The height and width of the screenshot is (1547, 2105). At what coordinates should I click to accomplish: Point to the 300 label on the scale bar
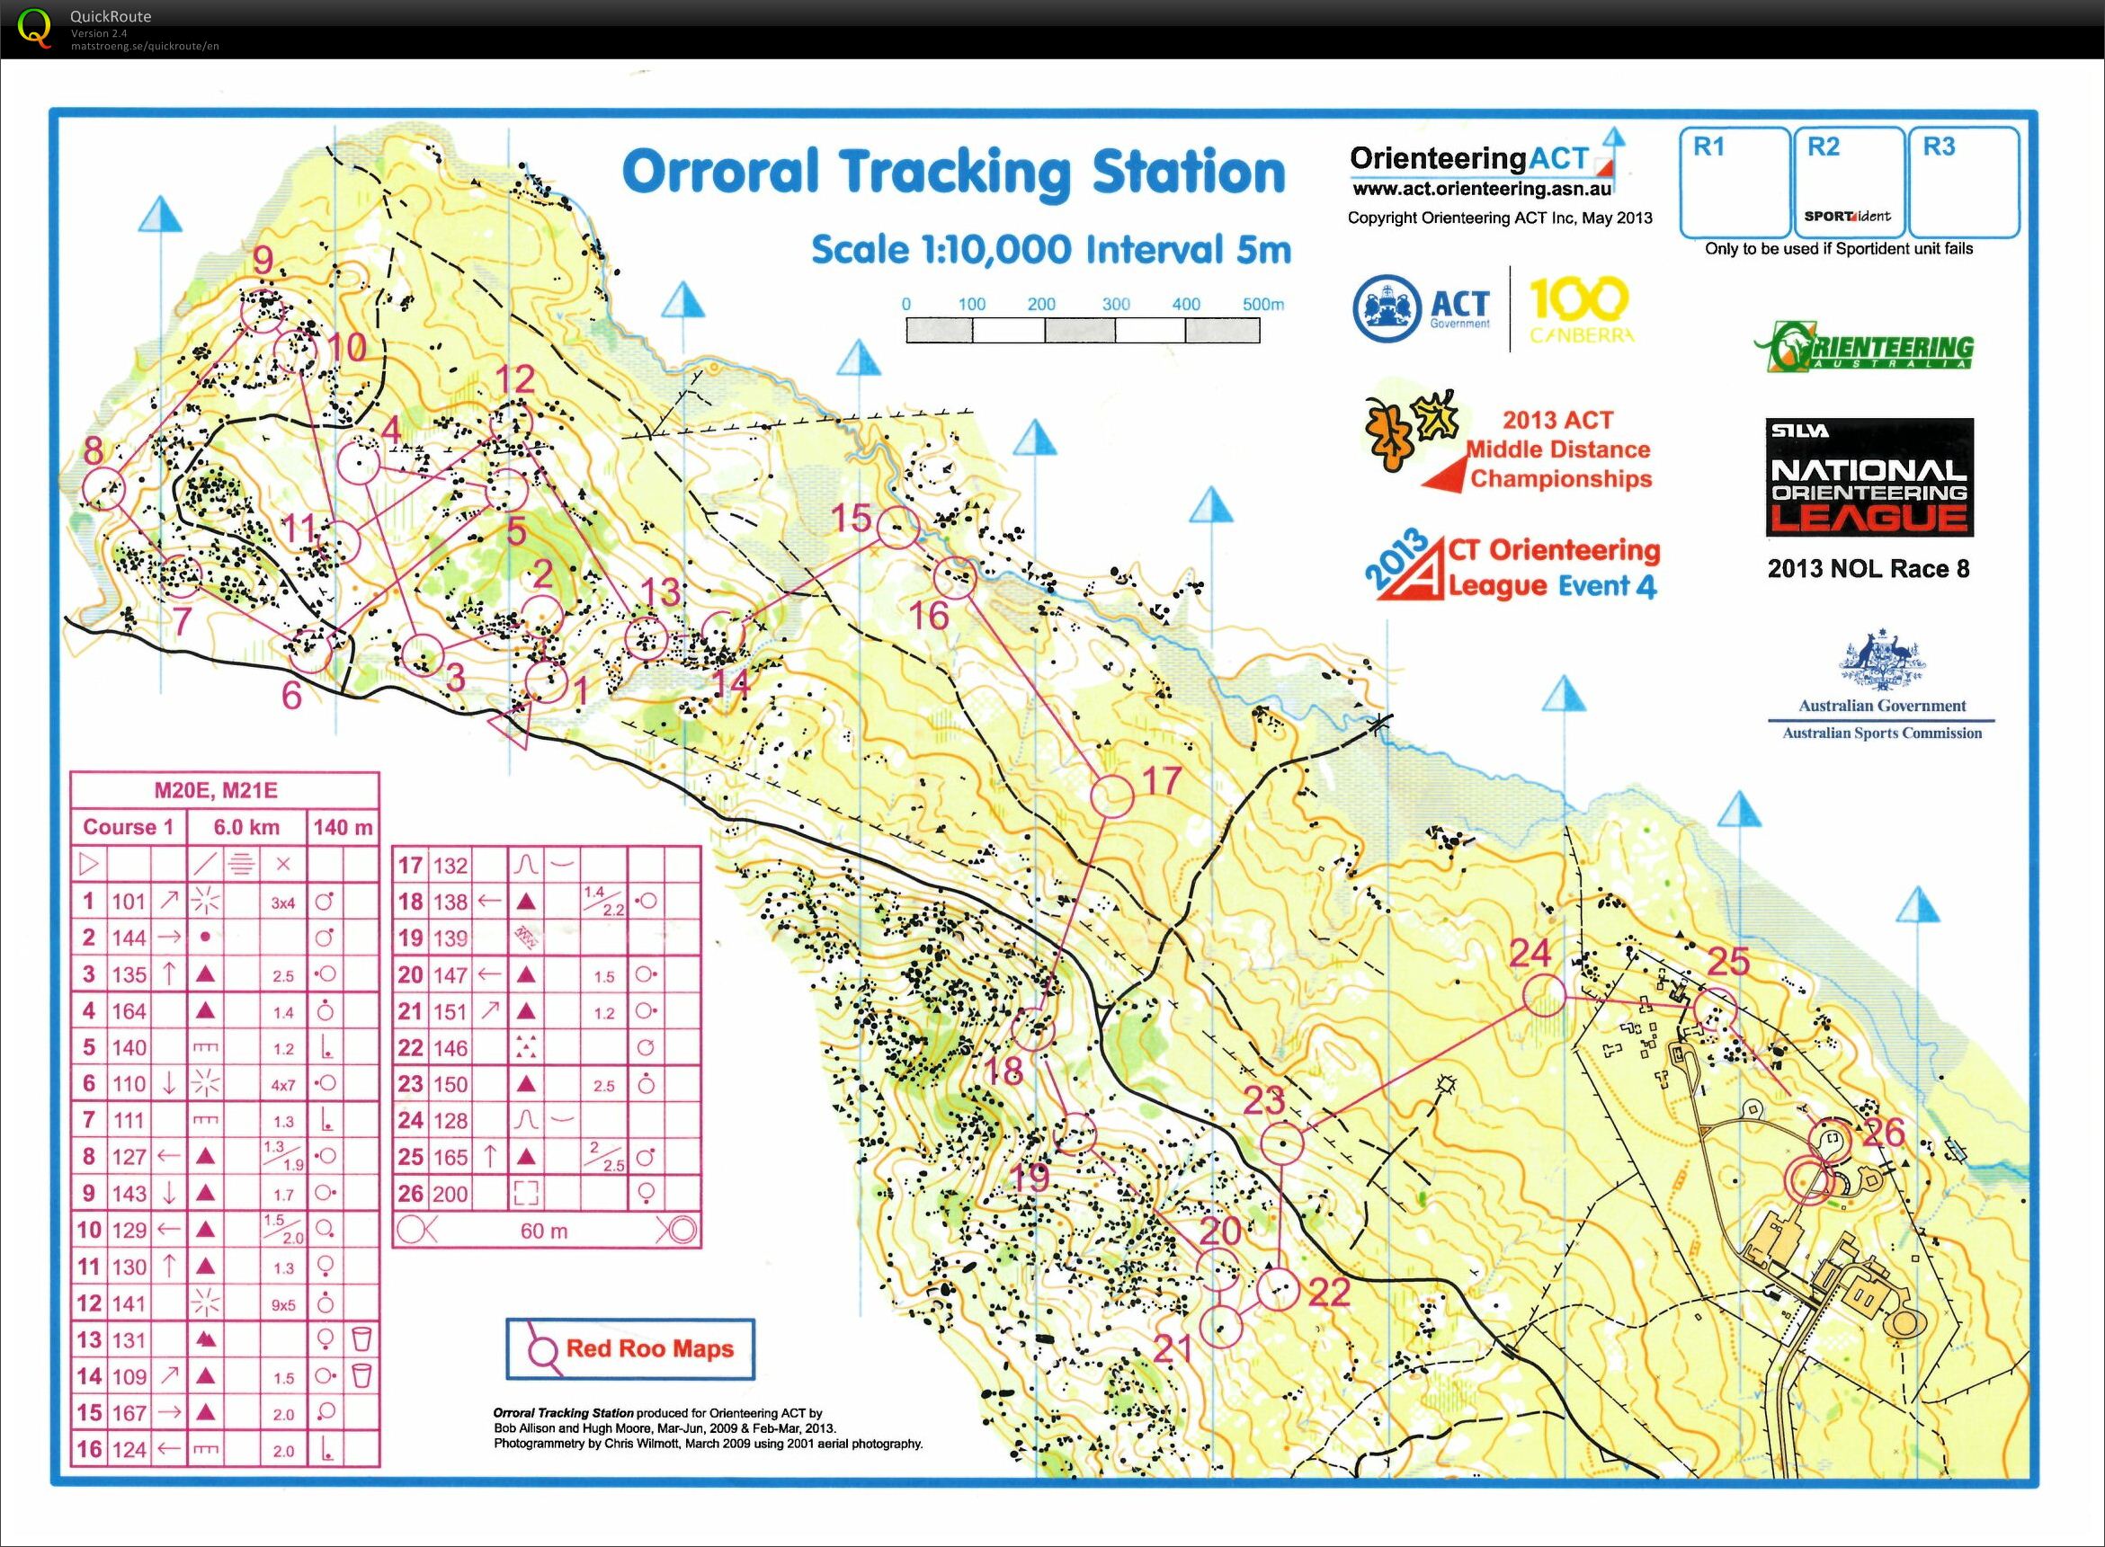1115,304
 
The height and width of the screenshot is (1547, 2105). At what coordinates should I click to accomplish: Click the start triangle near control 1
509,725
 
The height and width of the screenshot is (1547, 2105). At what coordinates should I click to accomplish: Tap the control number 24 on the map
1530,954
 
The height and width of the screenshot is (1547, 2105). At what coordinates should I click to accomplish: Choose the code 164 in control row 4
129,1010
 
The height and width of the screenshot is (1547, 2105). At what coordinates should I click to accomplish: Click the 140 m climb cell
343,827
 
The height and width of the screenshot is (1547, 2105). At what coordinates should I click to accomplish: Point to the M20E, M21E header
216,790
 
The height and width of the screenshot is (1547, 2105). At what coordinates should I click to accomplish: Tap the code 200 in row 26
450,1194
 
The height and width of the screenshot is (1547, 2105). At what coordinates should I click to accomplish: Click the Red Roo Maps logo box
629,1348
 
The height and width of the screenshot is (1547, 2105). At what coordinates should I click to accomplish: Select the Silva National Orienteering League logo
1869,478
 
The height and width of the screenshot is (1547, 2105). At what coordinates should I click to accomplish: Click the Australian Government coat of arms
1881,661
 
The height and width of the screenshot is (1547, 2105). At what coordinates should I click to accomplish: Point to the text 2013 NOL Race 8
1868,568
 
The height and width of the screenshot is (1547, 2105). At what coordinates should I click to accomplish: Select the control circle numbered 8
104,488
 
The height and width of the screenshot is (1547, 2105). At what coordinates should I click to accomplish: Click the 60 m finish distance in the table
544,1231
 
